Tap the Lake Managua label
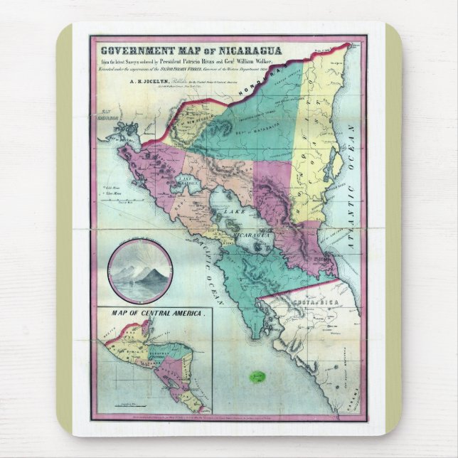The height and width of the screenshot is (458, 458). tap(187, 181)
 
